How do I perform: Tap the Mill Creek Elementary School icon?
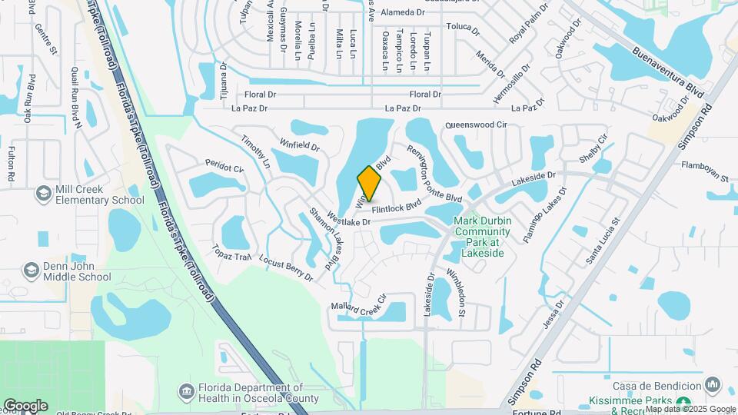tap(43, 193)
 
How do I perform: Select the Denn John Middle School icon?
tap(32, 270)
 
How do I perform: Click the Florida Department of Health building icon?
tap(186, 393)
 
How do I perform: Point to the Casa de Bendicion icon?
tap(713, 384)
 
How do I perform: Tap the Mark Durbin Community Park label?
tap(478, 237)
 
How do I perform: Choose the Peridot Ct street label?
tap(224, 166)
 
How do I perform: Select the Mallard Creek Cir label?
tap(359, 304)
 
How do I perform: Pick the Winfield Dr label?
tap(299, 144)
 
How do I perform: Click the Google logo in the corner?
tap(25, 405)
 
